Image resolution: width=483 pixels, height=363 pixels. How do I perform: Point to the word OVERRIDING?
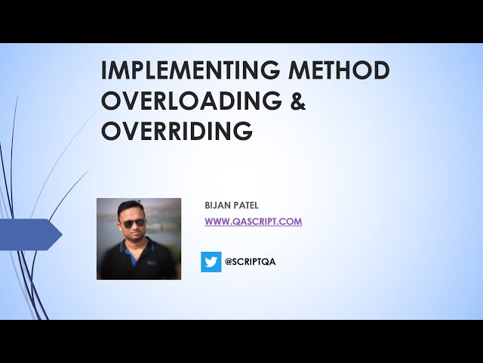click(177, 131)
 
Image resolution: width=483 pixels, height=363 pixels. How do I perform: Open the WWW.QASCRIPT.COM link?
click(253, 222)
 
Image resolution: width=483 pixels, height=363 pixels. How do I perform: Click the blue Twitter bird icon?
click(211, 262)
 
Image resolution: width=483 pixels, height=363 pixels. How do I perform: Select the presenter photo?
click(139, 239)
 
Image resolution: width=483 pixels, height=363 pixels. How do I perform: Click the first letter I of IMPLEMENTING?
click(105, 70)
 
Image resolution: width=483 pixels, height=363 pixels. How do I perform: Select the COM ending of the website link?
click(291, 222)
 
